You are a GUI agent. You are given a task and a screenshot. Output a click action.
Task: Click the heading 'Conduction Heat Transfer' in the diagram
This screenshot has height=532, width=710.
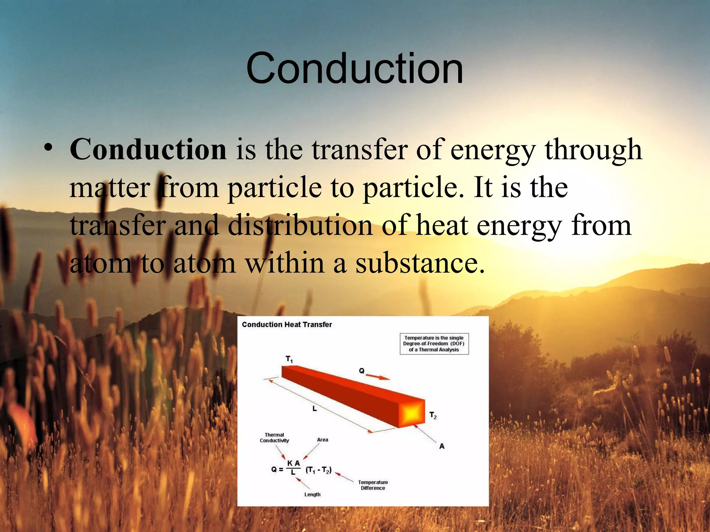click(287, 325)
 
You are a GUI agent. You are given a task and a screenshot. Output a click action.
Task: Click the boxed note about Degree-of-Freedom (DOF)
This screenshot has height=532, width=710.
click(434, 344)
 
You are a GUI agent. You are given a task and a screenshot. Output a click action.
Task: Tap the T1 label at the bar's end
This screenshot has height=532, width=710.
click(289, 359)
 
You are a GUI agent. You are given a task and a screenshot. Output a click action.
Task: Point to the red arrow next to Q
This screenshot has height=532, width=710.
click(378, 376)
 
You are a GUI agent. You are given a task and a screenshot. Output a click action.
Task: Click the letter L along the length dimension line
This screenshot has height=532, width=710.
click(314, 409)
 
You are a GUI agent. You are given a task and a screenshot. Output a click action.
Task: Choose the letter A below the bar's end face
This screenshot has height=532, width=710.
click(442, 446)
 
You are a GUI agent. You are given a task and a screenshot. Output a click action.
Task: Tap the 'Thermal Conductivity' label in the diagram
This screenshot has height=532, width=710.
click(274, 437)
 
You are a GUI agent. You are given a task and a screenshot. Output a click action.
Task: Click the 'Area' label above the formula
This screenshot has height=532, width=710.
click(322, 440)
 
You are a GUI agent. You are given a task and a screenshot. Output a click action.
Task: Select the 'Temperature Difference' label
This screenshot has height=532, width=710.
click(373, 485)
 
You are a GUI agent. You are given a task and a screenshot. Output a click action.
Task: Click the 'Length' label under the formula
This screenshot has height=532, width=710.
click(312, 494)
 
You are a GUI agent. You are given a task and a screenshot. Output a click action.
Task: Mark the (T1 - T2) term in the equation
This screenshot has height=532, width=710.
click(318, 470)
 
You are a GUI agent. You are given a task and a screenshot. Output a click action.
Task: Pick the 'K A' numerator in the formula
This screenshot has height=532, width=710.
click(293, 463)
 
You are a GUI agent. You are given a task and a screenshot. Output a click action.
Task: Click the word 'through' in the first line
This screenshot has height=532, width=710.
click(593, 149)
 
